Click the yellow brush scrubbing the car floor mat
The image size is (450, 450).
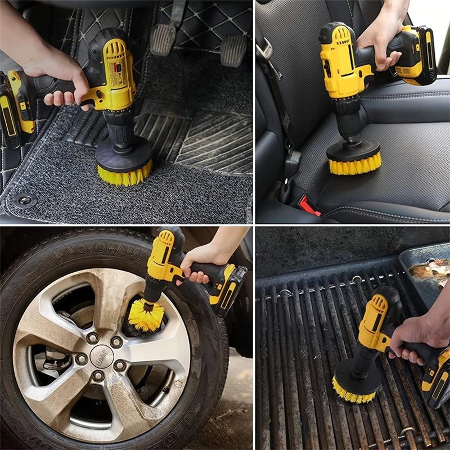pos(124,174)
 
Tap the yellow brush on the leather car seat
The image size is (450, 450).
pos(354,165)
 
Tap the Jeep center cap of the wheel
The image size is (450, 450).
pos(101,356)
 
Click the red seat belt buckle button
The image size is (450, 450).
pos(309,205)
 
